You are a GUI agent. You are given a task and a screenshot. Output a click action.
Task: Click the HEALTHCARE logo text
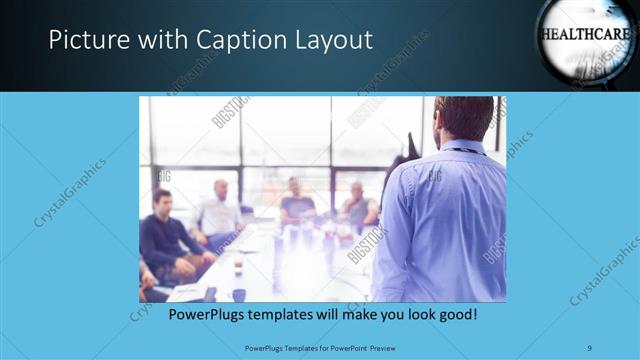click(x=585, y=33)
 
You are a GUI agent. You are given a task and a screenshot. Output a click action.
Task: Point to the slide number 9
click(x=590, y=347)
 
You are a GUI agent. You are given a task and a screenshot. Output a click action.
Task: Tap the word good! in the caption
click(x=455, y=314)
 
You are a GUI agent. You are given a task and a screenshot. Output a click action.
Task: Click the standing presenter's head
click(x=463, y=118)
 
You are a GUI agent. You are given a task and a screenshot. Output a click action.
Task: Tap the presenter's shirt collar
click(x=462, y=148)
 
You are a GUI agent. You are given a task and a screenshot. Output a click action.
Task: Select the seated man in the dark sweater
click(x=165, y=235)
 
